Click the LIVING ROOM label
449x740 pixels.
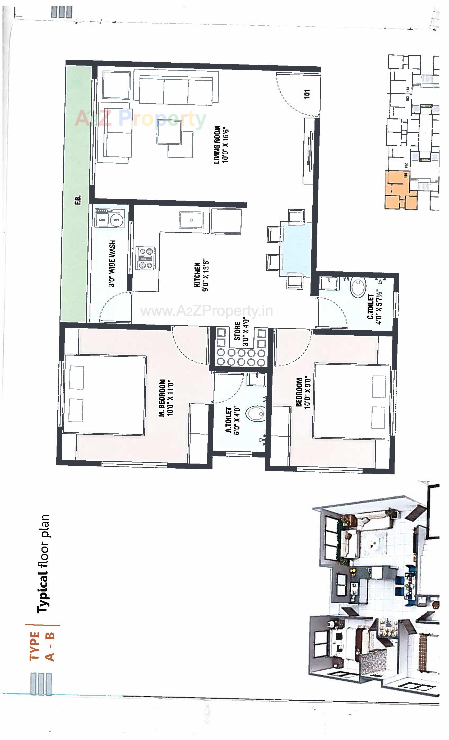pyautogui.click(x=217, y=145)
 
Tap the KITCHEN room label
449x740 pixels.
pyautogui.click(x=197, y=275)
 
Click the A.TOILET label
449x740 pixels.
pyautogui.click(x=229, y=420)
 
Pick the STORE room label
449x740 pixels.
pyautogui.click(x=237, y=331)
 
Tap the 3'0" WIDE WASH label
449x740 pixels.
pyautogui.click(x=112, y=263)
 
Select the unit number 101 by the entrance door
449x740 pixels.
pyautogui.click(x=307, y=94)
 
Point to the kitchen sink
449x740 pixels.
pyautogui.click(x=191, y=220)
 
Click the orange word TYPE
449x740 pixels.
pyautogui.click(x=35, y=646)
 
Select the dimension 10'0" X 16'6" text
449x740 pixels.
pyautogui.click(x=226, y=146)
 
